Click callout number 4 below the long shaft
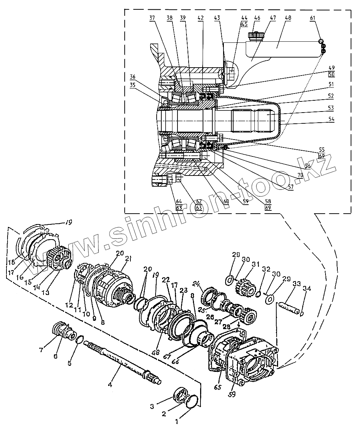110,384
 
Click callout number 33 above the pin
297,283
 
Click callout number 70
300,175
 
